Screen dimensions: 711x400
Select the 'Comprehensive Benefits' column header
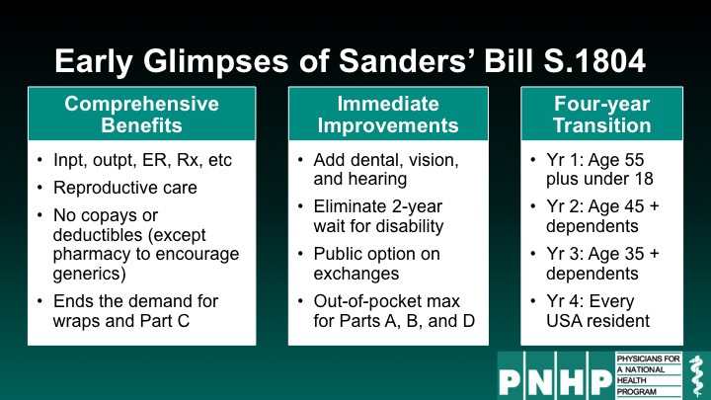pos(142,115)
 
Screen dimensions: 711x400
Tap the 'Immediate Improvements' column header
pos(388,115)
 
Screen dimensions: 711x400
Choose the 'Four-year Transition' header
pos(601,115)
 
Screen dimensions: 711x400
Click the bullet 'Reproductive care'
pos(125,188)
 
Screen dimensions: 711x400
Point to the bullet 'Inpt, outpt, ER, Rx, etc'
pos(142,160)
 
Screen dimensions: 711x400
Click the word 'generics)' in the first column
pos(89,274)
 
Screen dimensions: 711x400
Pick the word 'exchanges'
pos(356,274)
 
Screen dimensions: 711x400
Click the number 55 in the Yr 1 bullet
pos(633,160)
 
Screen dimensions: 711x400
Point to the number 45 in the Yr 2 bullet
pos(633,206)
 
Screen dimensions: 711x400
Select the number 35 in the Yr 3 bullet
pos(633,254)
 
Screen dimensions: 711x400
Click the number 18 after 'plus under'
pos(643,178)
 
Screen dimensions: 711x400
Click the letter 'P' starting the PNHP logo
pos(511,382)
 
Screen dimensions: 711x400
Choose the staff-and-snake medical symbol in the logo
pos(696,376)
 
